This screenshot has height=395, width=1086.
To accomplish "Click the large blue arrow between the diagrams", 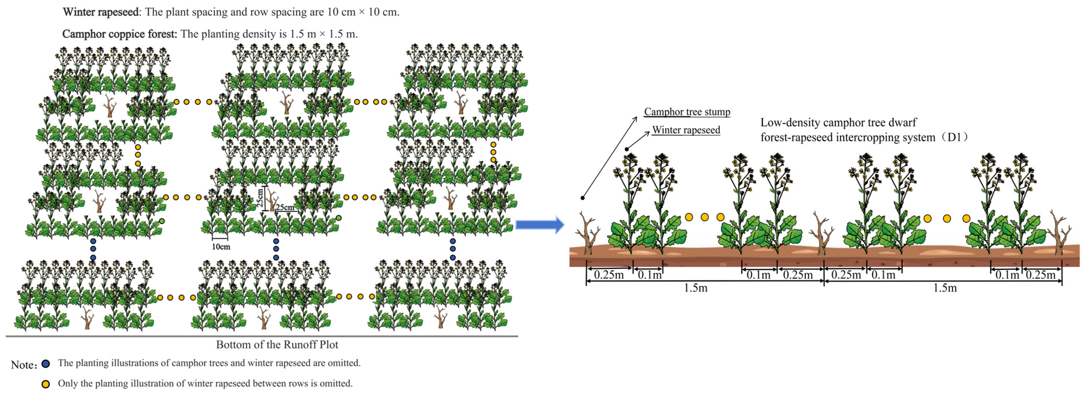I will click(540, 225).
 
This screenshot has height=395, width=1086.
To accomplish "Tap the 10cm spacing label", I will click(221, 246).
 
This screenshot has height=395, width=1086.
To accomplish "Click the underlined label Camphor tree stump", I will click(687, 112).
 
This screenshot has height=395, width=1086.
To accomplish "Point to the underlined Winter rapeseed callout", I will click(686, 130).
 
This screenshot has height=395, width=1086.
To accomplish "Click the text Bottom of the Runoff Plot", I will click(277, 345).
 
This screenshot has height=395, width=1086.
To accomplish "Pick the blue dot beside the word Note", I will click(45, 364).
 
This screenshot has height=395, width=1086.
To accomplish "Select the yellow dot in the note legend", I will click(45, 384).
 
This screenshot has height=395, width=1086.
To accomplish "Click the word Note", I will click(23, 364).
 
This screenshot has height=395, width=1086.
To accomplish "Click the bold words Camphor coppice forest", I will click(119, 34).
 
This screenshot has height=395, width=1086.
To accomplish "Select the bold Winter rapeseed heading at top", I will click(100, 12).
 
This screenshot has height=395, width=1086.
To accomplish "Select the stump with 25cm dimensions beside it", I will click(272, 200).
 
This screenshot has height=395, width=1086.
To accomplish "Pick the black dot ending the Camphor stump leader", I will click(583, 197).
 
